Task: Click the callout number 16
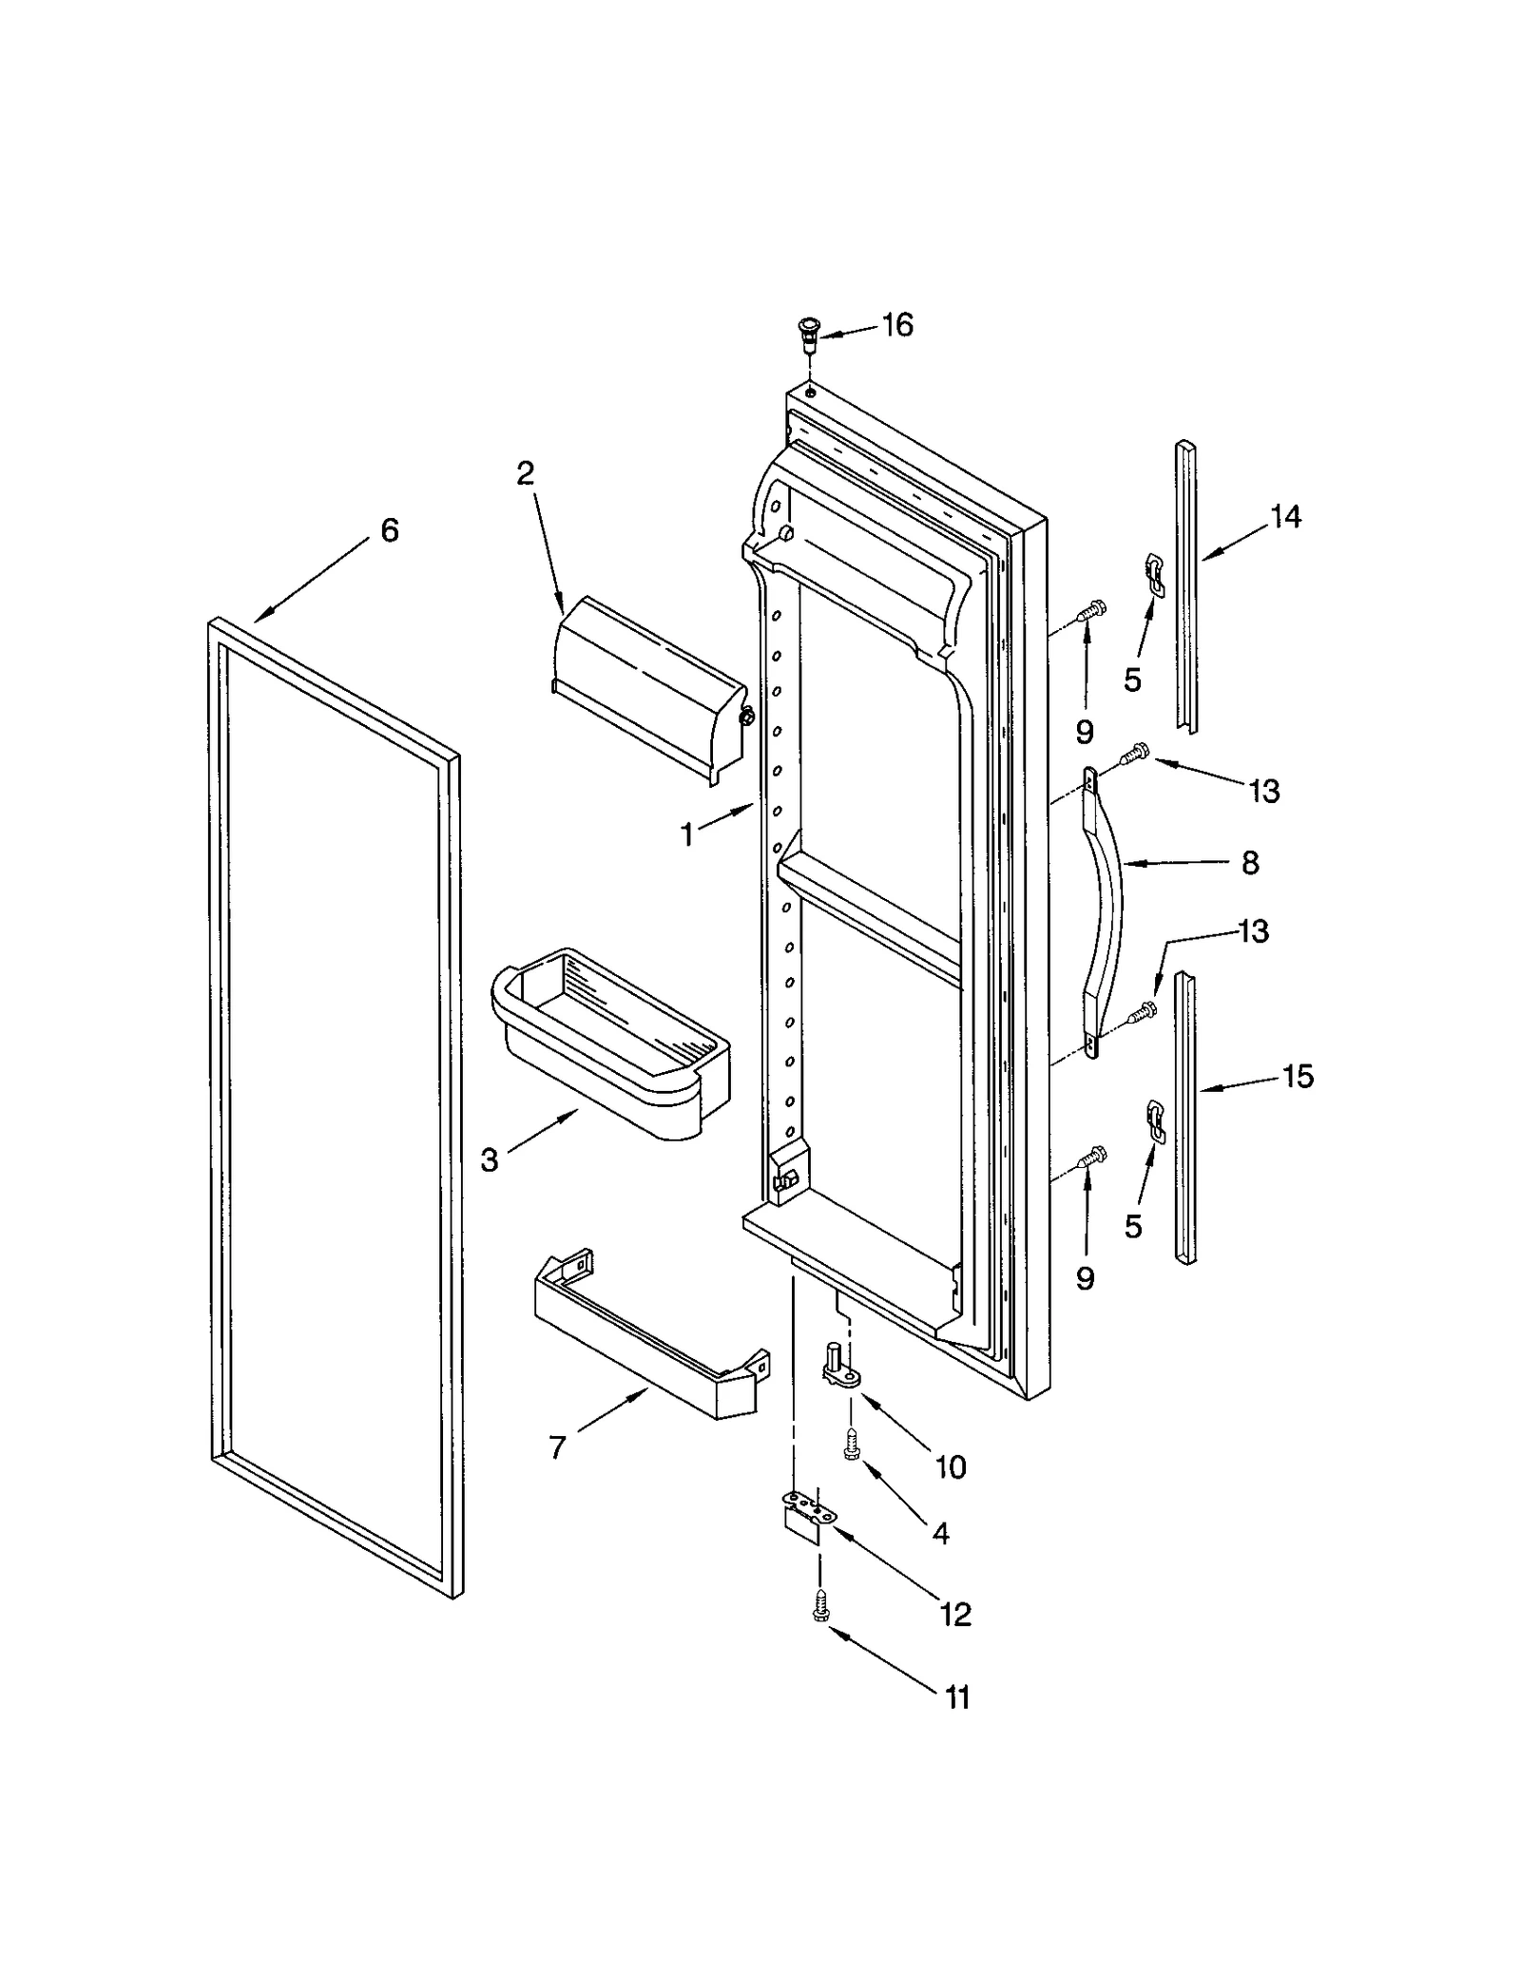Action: pos(897,325)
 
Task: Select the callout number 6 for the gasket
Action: pos(390,530)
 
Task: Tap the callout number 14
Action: pos(1285,517)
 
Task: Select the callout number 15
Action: pos(1297,1076)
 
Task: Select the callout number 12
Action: pos(954,1613)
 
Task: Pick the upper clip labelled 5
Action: pos(1154,576)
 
